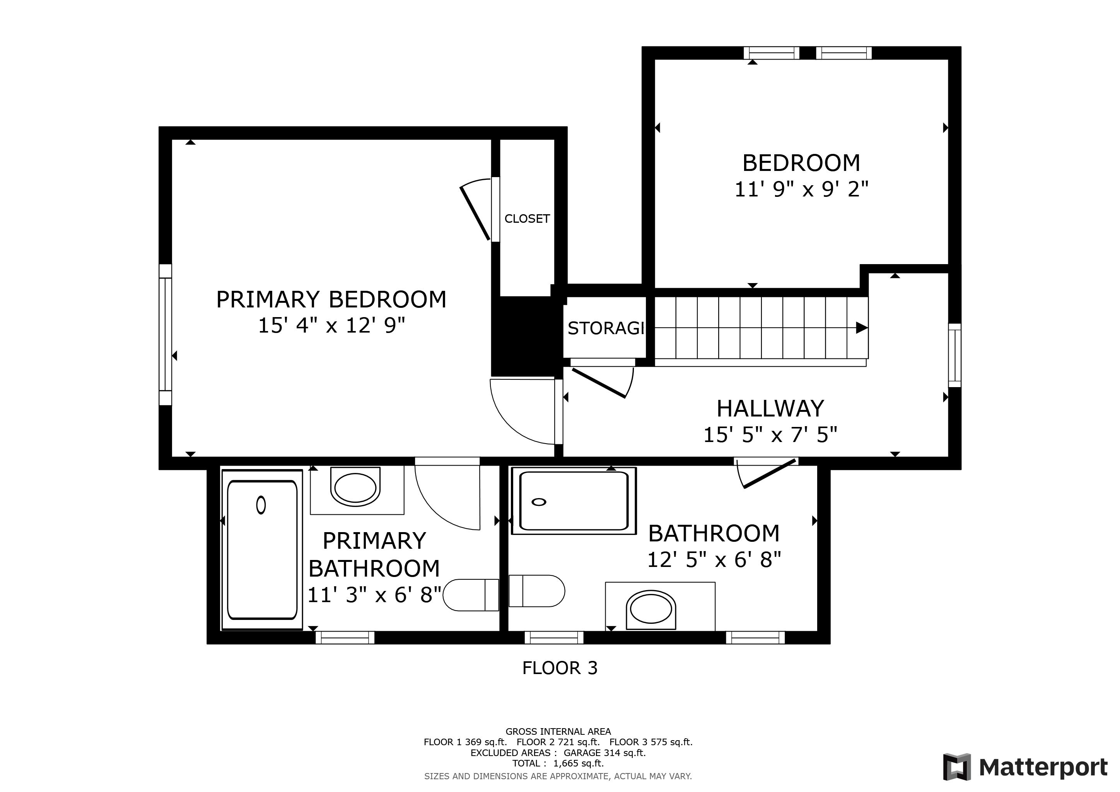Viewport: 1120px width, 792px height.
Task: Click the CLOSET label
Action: click(x=527, y=218)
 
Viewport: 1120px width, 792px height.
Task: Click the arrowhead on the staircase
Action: click(x=861, y=328)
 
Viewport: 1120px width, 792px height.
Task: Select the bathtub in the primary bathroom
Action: click(x=262, y=550)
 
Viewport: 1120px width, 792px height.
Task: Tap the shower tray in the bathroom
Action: click(x=574, y=501)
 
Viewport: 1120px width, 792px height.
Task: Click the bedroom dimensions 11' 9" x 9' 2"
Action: click(x=801, y=189)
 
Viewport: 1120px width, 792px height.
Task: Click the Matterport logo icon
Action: click(x=956, y=767)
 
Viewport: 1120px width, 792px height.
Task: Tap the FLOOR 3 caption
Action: click(x=560, y=667)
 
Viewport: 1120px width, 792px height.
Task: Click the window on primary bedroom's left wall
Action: click(x=166, y=335)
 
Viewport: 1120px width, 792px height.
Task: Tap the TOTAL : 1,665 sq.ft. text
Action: click(x=558, y=763)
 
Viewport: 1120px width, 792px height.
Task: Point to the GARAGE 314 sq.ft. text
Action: click(x=604, y=753)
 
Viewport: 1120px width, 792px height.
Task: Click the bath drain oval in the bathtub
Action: click(x=261, y=505)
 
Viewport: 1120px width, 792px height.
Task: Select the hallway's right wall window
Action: click(x=954, y=355)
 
